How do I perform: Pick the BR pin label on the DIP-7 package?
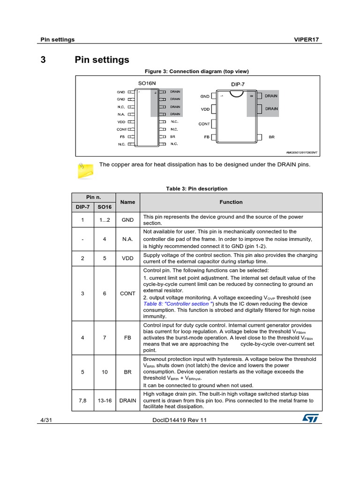[x=271, y=137]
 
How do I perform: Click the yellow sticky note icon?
[x=85, y=169]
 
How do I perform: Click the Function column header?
[x=231, y=202]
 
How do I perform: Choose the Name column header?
[x=127, y=202]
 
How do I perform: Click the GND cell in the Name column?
[x=127, y=220]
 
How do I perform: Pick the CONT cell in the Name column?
[x=127, y=293]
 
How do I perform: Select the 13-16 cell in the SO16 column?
[x=105, y=400]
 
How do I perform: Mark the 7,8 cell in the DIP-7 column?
[x=82, y=400]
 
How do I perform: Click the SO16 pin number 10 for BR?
[x=105, y=372]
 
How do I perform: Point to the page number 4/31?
[x=45, y=420]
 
